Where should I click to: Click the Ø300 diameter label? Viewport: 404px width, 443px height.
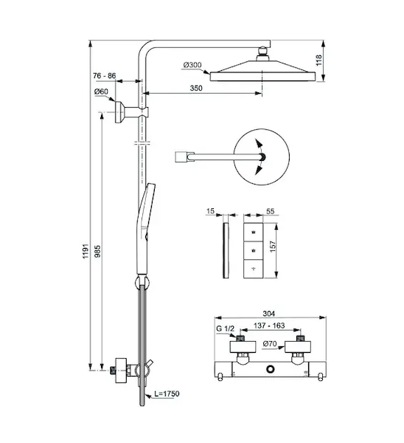tap(192, 65)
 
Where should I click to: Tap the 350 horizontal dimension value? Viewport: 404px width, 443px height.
tap(196, 89)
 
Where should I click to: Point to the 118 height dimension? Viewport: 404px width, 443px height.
tap(318, 61)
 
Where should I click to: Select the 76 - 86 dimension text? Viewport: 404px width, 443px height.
tap(105, 76)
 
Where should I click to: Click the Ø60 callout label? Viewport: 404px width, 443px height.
tap(101, 92)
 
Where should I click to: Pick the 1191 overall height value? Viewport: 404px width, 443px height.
tap(86, 251)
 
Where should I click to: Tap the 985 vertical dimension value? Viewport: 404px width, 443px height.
tap(97, 252)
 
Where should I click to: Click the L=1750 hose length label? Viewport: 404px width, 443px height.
tap(167, 394)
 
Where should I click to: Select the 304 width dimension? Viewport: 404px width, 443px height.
tap(268, 313)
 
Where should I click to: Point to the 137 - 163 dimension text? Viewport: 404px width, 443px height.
tap(269, 326)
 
